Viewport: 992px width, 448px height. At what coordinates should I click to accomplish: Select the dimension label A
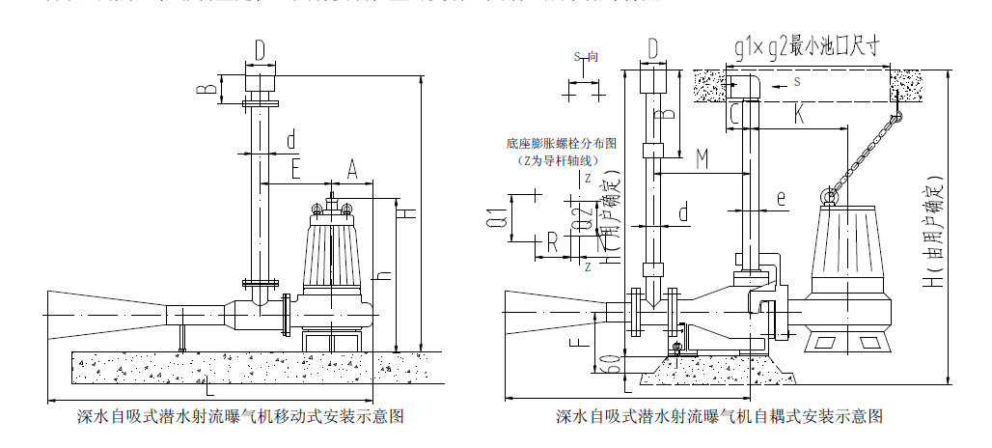352,170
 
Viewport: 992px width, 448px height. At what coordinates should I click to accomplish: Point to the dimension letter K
799,113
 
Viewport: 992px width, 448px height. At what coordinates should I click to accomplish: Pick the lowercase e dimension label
781,200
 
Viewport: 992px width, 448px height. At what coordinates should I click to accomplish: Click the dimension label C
735,114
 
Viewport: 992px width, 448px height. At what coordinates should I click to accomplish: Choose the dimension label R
552,241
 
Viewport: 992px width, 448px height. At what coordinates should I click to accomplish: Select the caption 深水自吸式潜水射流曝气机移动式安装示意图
239,417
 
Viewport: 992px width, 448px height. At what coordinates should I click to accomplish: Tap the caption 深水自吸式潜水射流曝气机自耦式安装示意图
719,417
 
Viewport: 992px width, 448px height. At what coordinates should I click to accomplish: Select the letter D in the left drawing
260,48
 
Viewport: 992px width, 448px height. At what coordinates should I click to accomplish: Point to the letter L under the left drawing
210,391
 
